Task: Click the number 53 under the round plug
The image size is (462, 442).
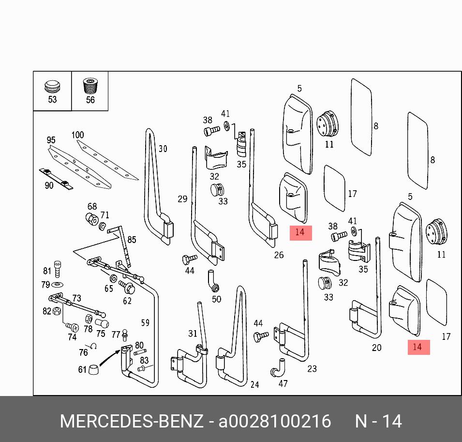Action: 52,100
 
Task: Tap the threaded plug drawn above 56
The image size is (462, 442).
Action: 89,87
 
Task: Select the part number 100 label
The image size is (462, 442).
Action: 77,135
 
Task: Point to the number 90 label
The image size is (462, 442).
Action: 49,185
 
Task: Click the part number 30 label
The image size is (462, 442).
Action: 163,149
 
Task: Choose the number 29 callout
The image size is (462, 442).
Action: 182,198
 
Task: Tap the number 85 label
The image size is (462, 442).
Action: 132,239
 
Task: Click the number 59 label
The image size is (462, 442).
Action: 145,322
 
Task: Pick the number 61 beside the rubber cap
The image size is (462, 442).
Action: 82,370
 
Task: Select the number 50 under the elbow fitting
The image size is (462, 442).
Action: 216,299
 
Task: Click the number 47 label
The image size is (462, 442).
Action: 283,383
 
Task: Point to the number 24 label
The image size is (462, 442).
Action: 254,384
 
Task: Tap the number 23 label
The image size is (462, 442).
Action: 312,369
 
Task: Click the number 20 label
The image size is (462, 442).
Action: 377,347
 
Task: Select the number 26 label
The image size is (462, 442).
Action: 279,255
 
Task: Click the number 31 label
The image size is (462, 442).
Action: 193,333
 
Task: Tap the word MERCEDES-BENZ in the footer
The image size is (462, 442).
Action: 132,421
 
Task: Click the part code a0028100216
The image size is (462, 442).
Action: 275,421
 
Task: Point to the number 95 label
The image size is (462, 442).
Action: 51,140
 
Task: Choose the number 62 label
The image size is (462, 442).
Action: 127,301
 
